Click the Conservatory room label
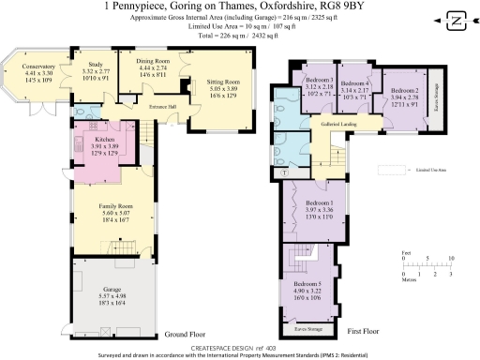(39, 67)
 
